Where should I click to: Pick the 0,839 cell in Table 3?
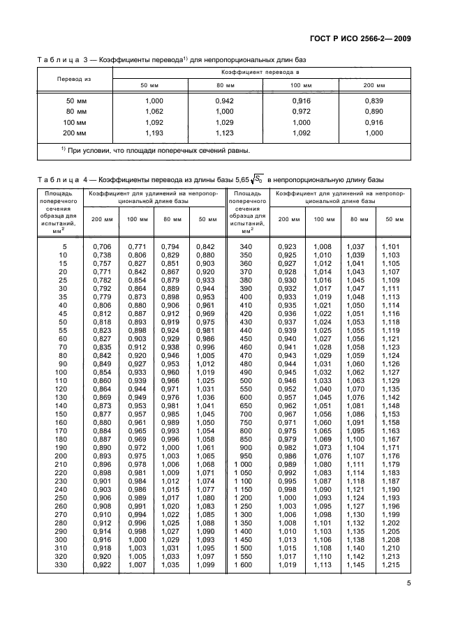coord(374,101)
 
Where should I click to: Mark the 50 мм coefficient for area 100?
coord(205,373)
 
